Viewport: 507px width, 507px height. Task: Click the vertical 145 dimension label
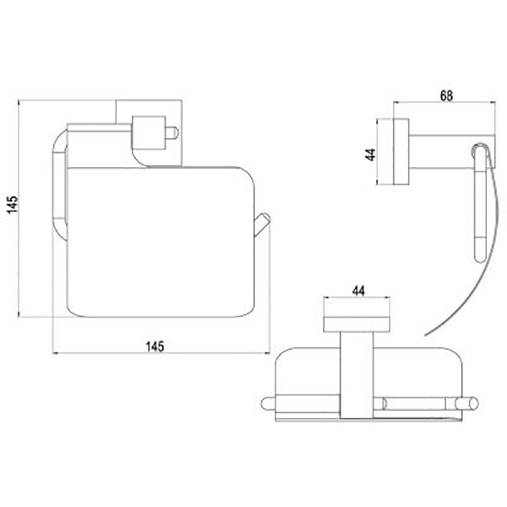14,204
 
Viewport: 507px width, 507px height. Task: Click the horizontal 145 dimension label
155,346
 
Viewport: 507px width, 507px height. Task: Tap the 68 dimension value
446,96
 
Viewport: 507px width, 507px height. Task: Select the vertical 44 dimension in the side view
370,155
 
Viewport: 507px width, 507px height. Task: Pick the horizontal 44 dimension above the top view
358,291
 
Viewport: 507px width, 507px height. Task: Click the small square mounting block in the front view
149,133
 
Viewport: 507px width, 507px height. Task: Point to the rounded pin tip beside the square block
173,133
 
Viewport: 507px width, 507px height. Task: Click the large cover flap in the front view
161,242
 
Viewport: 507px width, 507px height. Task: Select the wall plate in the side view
401,152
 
